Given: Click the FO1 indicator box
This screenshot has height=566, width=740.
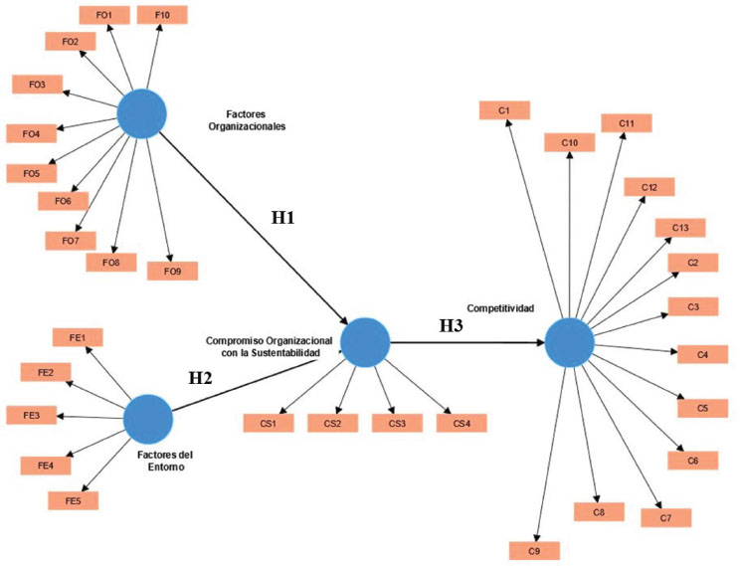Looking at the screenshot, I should pos(102,16).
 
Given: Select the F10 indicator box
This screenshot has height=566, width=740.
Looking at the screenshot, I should pos(162,15).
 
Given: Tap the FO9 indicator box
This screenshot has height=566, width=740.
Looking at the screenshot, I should pos(172,270).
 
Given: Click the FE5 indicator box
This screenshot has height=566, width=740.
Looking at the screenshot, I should pos(74,499).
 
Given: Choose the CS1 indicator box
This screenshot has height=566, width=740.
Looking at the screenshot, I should pos(269,423).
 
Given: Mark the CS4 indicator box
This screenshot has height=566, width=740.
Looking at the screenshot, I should pos(462,423).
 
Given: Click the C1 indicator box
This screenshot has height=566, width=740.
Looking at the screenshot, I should pos(504,108).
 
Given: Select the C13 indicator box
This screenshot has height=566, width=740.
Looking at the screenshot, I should pos(680,228).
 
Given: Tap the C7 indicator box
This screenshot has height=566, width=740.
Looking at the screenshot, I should pos(665,517).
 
